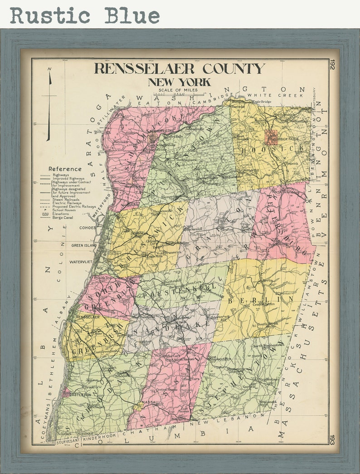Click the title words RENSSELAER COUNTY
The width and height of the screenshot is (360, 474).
pos(179,69)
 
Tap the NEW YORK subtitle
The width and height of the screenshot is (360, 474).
pos(179,82)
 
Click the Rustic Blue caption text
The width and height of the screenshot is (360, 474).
pos(85,15)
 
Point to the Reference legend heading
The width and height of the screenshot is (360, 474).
pos(65,169)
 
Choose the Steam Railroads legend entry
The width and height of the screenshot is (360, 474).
pos(65,199)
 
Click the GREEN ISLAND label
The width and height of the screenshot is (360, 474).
pos(84,245)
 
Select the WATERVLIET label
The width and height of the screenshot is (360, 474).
pos(81,262)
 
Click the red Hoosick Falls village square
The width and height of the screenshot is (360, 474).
pos(271,137)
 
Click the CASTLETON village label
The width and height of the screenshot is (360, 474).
pos(80,395)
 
